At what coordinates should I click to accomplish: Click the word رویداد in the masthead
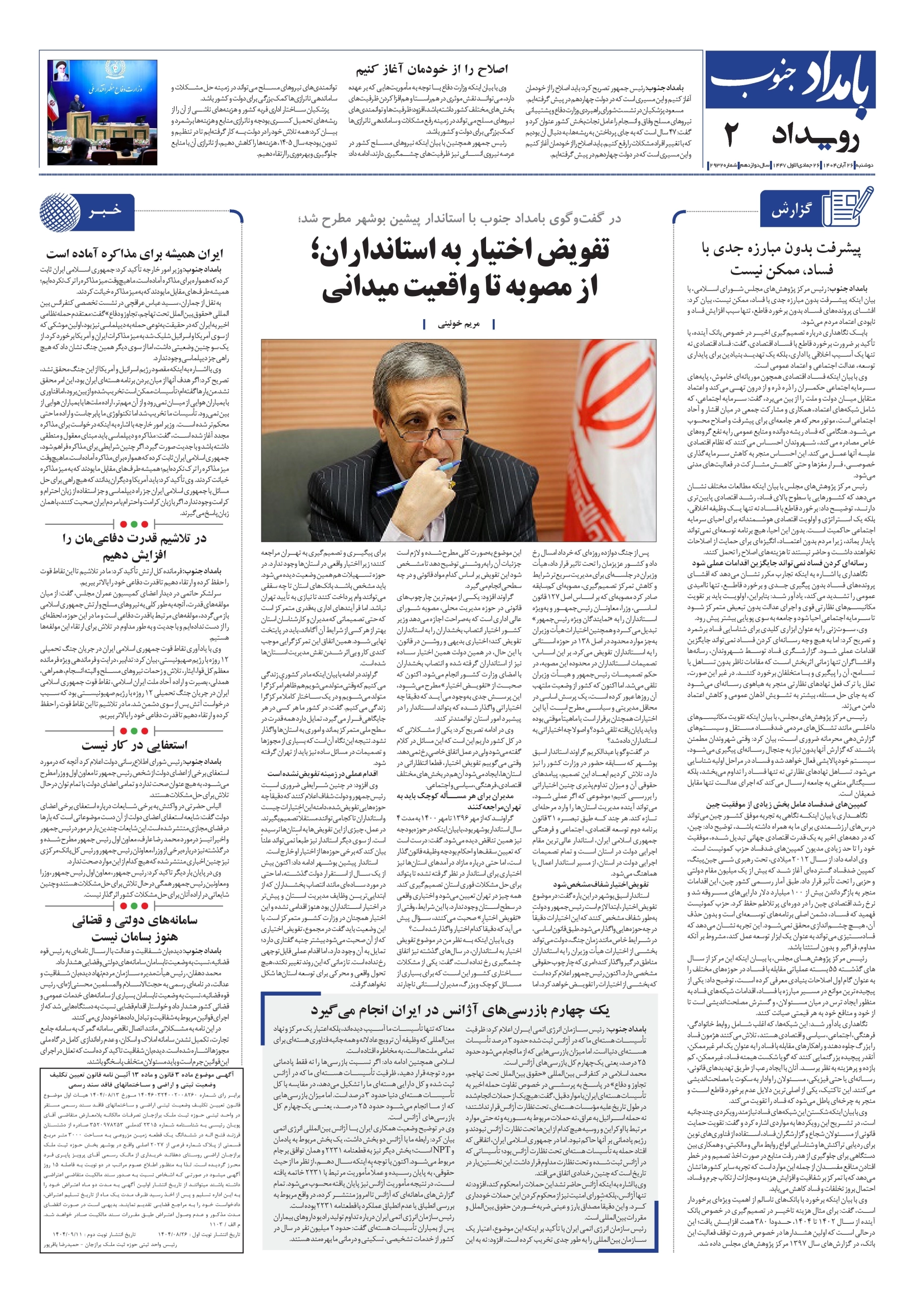pos(814,137)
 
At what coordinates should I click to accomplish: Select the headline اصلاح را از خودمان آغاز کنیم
pos(431,69)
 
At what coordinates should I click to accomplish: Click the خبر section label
pos(105,211)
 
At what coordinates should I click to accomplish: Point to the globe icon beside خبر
pos(60,212)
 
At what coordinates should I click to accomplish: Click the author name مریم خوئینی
pos(459,324)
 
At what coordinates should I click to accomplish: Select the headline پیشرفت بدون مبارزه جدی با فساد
pos(781,258)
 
